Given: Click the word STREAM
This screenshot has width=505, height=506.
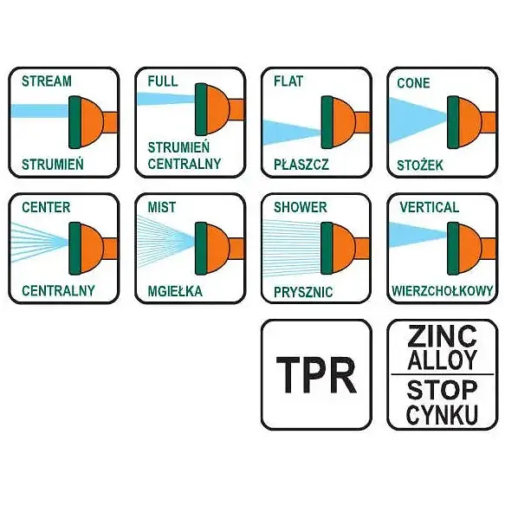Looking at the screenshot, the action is [47, 81].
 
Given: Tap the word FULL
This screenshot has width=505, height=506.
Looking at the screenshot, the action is [163, 81].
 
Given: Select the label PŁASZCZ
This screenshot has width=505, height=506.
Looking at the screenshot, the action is [301, 165].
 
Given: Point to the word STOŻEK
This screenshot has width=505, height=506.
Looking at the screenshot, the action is [420, 165].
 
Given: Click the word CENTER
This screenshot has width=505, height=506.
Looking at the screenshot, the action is [46, 207].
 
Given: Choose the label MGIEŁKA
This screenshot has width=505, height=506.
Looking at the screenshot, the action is [175, 291].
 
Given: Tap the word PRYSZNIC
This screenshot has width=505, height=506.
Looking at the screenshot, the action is [303, 292].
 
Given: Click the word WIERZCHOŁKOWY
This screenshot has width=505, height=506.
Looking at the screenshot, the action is [442, 291].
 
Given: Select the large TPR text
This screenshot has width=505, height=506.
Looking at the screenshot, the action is [316, 375].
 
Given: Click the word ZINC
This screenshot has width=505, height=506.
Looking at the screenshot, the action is [442, 336].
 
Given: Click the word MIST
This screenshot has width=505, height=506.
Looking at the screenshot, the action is [162, 207].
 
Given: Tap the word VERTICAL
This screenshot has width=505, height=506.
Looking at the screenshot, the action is [429, 207].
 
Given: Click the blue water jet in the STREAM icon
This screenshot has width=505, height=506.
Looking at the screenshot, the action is [40, 111].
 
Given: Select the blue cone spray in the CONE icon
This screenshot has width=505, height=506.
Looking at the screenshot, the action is [417, 120].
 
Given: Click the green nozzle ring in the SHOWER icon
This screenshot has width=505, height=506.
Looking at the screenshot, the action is [327, 249].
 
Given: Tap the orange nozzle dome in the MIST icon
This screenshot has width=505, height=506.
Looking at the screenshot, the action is [217, 249].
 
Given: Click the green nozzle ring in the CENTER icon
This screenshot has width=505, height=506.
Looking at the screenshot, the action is [74, 249].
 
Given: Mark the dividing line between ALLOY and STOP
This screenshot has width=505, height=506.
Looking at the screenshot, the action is [442, 374].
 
